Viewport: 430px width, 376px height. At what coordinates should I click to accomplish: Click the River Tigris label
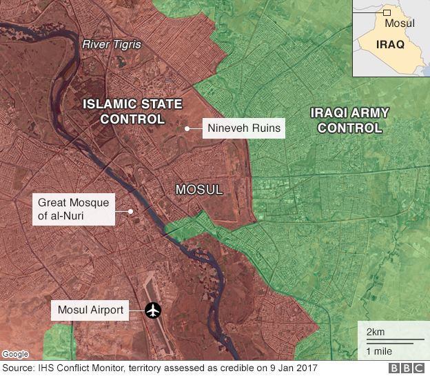tap(111, 45)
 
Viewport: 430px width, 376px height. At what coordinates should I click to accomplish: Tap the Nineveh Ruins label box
tap(243, 128)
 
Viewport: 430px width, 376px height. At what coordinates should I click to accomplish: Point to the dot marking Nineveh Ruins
tap(187, 128)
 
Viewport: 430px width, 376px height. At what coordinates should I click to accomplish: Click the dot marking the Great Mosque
tap(131, 210)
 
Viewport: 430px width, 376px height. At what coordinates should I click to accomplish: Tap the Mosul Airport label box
tap(90, 310)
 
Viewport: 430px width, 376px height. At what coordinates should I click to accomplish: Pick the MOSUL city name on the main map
tap(199, 189)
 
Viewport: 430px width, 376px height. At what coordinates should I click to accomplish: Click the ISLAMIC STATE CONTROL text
tap(133, 112)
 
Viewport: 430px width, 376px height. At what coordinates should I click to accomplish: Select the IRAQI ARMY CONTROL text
tap(349, 120)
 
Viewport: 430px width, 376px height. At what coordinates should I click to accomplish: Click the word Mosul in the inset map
tap(400, 24)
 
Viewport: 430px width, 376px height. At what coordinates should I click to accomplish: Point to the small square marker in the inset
tap(387, 12)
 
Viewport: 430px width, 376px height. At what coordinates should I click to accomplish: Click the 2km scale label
tap(376, 332)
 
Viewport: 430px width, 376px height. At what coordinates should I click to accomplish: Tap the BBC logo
tap(407, 369)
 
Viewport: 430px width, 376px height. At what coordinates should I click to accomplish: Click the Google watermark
tap(15, 354)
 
